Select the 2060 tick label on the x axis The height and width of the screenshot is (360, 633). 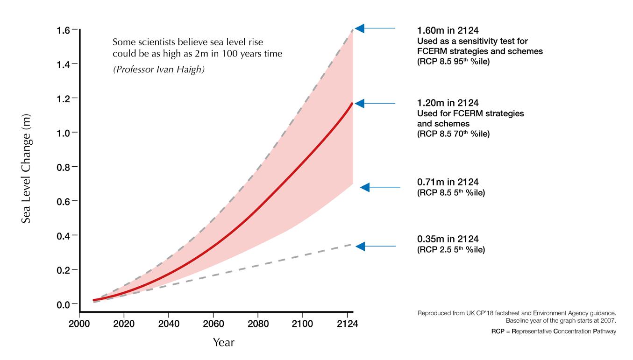click(213, 323)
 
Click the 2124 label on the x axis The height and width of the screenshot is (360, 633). click(347, 323)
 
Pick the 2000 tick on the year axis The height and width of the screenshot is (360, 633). click(79, 323)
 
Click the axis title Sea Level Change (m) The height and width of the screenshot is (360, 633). click(26, 168)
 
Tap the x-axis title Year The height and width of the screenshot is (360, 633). click(223, 342)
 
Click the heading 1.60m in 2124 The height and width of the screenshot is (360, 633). click(448, 31)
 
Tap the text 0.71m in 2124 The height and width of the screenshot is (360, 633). click(448, 182)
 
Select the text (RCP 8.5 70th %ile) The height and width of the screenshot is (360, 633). click(453, 134)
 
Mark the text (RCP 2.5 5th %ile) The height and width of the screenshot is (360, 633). click(451, 250)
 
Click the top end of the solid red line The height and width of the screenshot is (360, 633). click(352, 104)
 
